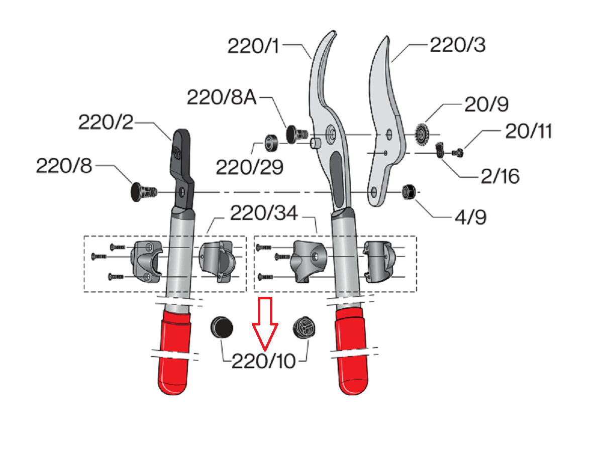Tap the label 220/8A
click(222, 97)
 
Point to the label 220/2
click(106, 122)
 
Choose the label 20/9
click(485, 105)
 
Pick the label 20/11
click(529, 132)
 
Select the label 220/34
click(264, 214)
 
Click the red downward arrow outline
click(265, 324)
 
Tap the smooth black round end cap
click(221, 328)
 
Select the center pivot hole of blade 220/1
click(332, 134)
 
